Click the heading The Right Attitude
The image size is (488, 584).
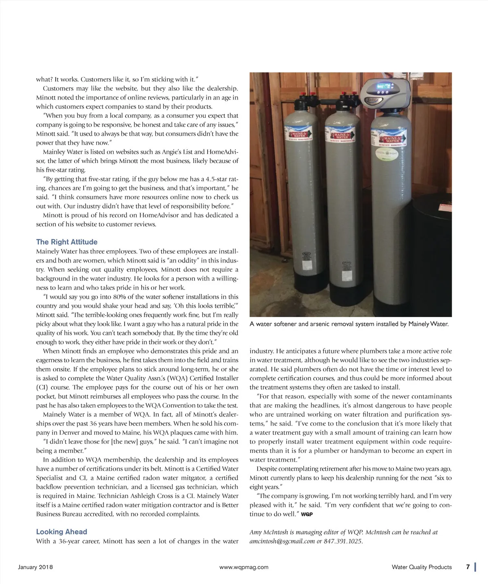click(x=67, y=242)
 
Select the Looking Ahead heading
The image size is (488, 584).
click(x=61, y=531)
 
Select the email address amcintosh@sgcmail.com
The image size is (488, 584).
click(x=282, y=541)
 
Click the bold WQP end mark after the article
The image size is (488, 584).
click(x=307, y=514)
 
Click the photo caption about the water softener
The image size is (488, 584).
click(x=349, y=324)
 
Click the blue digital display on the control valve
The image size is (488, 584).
click(x=384, y=86)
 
